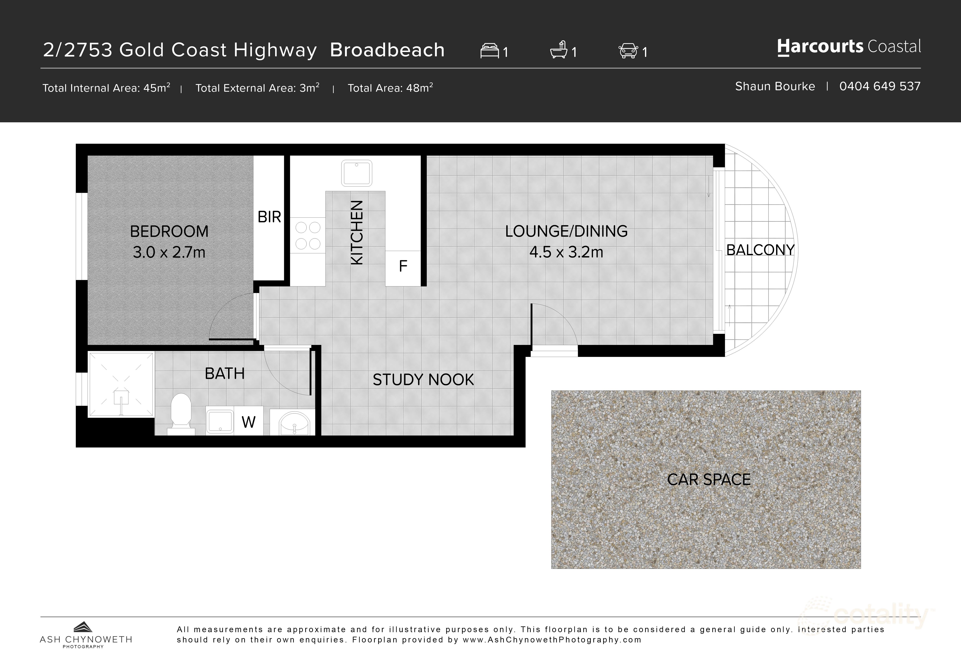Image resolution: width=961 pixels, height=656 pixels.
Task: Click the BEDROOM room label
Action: pos(169,231)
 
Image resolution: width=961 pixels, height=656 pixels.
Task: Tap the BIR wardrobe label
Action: pos(269,217)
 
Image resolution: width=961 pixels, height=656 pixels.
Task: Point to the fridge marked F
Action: pos(403,266)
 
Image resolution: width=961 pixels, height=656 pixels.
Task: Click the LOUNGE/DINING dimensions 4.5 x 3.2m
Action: pos(566,252)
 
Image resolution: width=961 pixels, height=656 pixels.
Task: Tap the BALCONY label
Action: pos(760,250)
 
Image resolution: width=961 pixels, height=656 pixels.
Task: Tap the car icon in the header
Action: pos(628,51)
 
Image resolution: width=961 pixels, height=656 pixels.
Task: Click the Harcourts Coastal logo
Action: pos(849,47)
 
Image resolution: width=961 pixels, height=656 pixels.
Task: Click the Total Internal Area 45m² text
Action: pos(106,88)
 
